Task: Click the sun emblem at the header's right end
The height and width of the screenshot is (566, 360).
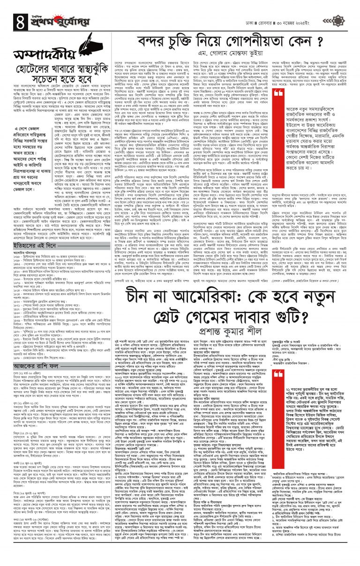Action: (350, 8)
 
